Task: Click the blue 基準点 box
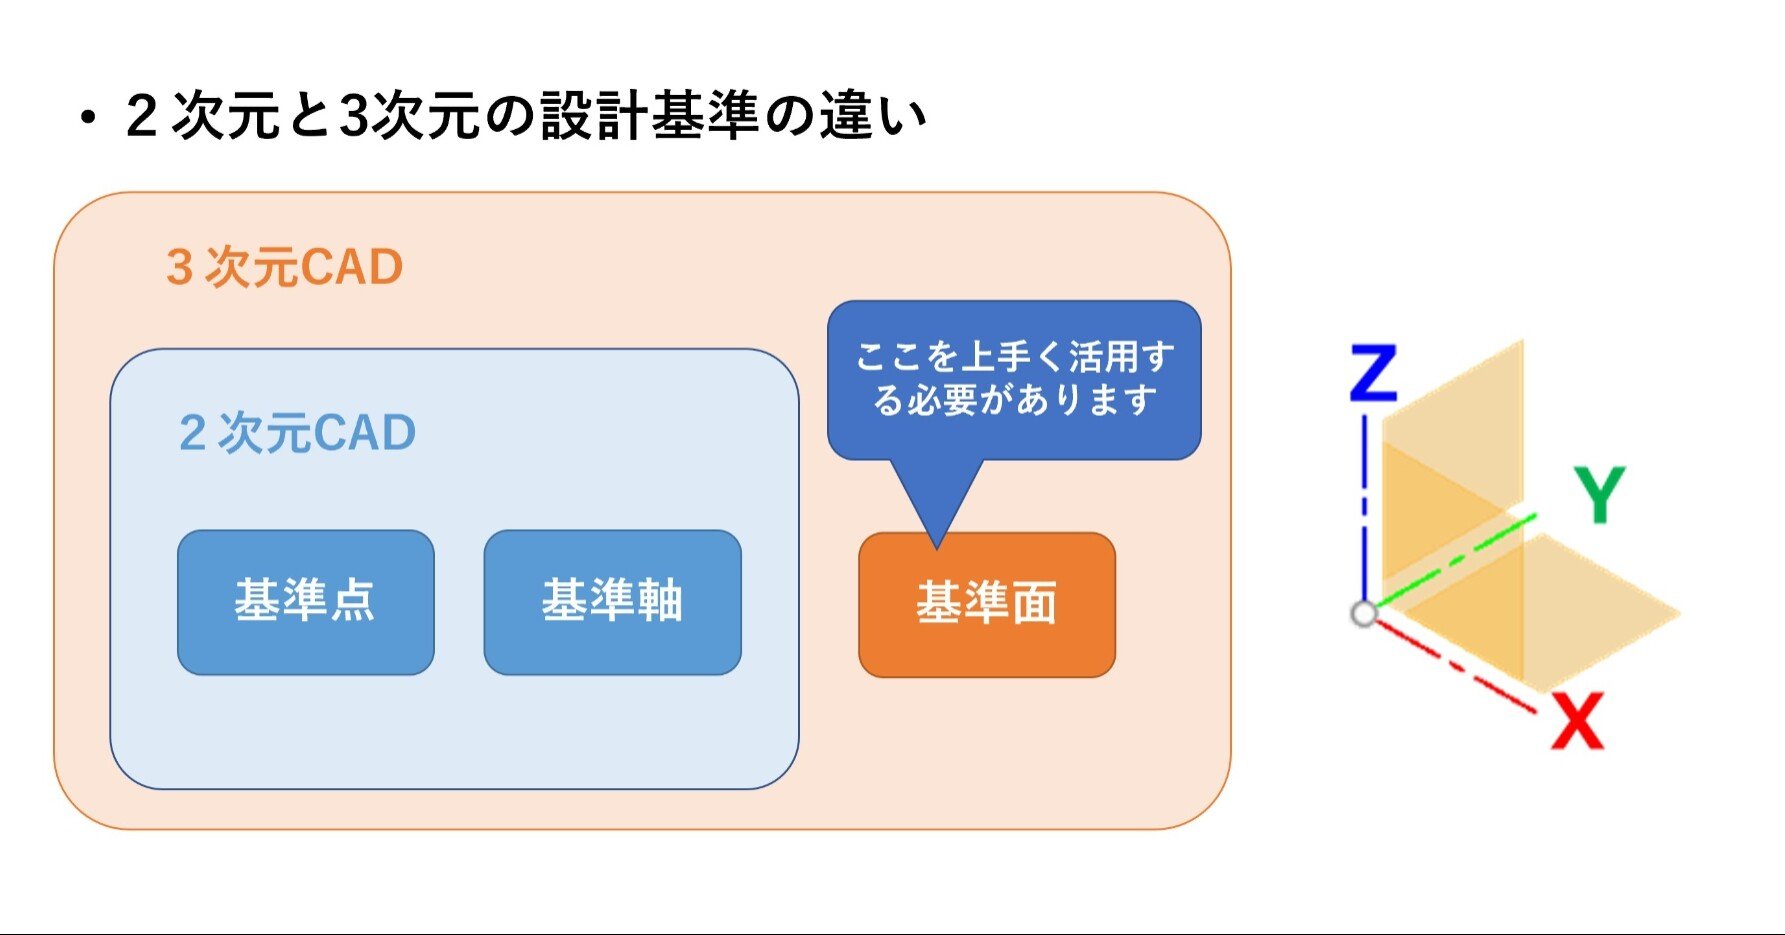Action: (306, 602)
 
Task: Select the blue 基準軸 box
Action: (612, 602)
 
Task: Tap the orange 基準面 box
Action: (987, 605)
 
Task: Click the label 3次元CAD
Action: (285, 268)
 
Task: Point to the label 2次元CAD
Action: (297, 433)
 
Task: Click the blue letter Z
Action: (1373, 373)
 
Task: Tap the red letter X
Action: (1577, 721)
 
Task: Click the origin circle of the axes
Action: (1364, 613)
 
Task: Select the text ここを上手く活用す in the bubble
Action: (1015, 356)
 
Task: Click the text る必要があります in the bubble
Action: (1015, 400)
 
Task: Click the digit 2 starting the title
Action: (143, 116)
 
